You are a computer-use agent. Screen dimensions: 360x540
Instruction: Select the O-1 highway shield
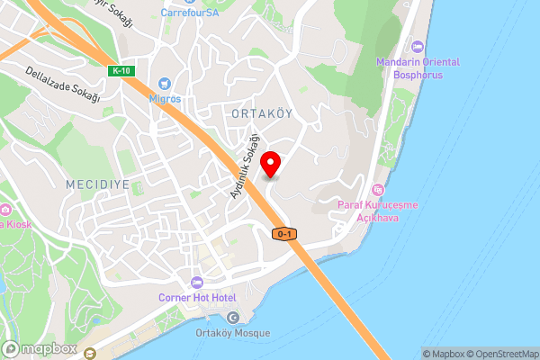[283, 234]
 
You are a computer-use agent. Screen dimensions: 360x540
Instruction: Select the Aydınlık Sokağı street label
[244, 166]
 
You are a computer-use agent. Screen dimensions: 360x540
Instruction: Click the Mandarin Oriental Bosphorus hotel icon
[417, 47]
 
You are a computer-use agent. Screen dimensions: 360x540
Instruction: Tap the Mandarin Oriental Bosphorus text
[418, 67]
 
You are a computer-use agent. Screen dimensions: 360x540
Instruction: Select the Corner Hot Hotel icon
[197, 283]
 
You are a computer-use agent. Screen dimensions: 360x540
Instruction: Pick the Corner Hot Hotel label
[197, 297]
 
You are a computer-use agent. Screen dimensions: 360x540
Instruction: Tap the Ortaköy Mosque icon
[233, 317]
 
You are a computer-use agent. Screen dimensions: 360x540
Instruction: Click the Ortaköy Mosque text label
[233, 331]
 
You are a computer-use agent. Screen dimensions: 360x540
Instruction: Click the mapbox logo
[40, 348]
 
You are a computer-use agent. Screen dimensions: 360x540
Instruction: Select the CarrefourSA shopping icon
[189, 2]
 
